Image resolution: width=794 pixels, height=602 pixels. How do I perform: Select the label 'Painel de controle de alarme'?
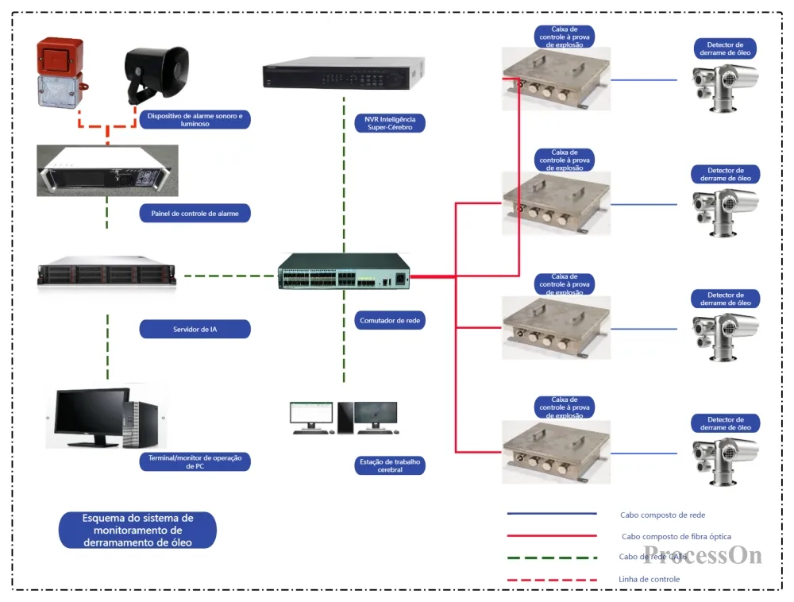[x=195, y=213]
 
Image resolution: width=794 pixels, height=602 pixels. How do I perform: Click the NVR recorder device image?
[x=344, y=75]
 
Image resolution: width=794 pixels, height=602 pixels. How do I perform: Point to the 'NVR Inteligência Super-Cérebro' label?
[x=389, y=123]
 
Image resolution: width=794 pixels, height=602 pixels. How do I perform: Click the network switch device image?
[x=344, y=272]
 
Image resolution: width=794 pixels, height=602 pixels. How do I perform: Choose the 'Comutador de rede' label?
[x=389, y=321]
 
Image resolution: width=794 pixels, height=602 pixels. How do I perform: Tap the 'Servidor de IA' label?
[x=195, y=329]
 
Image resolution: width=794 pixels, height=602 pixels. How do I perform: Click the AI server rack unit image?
[x=106, y=275]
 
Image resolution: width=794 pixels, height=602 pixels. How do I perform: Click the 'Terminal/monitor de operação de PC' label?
[x=195, y=461]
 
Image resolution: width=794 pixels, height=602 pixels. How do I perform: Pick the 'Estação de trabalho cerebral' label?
[x=389, y=465]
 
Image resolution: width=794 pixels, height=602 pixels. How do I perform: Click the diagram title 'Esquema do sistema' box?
[x=137, y=530]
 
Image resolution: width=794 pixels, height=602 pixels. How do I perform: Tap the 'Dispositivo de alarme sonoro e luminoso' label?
[x=195, y=120]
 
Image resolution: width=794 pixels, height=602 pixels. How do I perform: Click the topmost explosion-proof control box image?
[x=556, y=78]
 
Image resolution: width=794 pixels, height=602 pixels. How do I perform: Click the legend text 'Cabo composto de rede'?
[x=662, y=515]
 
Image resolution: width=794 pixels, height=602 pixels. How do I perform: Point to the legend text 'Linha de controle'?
[x=649, y=579]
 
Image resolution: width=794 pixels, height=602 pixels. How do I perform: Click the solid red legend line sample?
[x=552, y=536]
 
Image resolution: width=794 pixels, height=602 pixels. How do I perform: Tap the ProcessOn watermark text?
[x=703, y=554]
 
